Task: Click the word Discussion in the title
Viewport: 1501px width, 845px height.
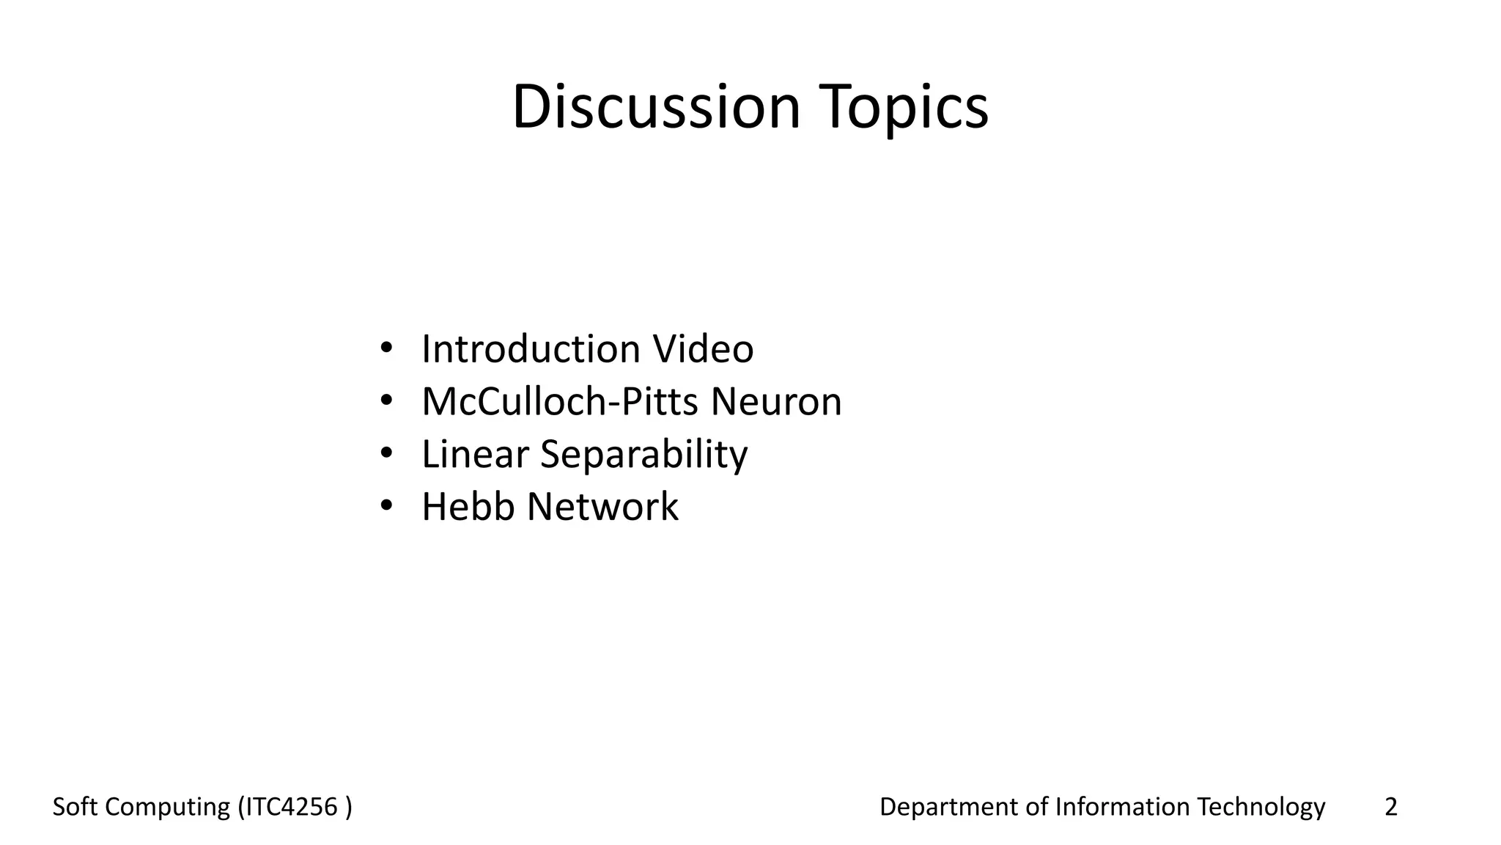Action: [x=656, y=107]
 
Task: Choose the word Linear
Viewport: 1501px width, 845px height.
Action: [x=475, y=454]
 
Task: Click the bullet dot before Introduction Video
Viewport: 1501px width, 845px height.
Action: [x=386, y=347]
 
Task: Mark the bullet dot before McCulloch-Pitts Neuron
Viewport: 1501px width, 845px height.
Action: [x=386, y=400]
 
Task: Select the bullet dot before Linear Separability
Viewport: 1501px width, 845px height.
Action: [x=386, y=453]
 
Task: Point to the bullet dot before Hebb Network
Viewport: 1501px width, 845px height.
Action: [x=386, y=505]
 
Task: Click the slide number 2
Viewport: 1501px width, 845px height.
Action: [x=1390, y=807]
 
